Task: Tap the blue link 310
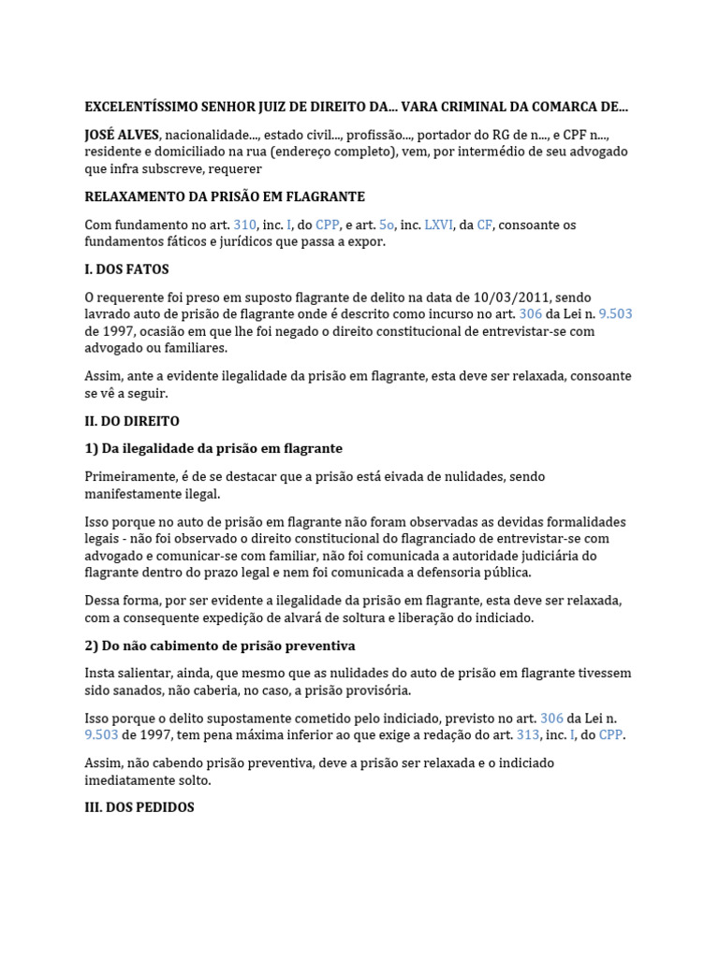(244, 225)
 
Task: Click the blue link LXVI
(438, 225)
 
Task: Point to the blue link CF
(484, 225)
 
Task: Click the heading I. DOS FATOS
(127, 269)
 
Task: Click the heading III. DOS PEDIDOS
(139, 807)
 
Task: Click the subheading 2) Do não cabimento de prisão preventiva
(220, 646)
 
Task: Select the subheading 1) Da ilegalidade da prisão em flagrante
(213, 449)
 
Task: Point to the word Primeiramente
(132, 477)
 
